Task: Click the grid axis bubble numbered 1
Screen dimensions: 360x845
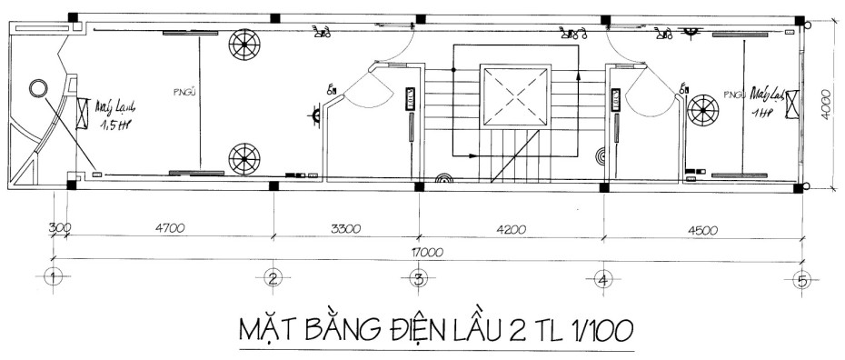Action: coord(54,278)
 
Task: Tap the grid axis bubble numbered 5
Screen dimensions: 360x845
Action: coord(800,279)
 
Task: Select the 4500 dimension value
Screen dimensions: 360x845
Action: coord(700,229)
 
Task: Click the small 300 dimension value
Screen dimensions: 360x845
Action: coord(60,228)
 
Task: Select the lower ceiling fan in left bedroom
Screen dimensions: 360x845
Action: coord(244,158)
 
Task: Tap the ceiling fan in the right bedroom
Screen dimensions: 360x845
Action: coord(703,110)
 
